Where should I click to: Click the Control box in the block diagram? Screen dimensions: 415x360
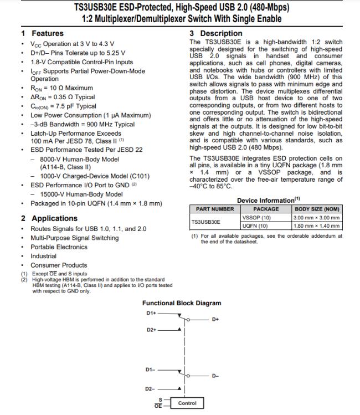coord(187,403)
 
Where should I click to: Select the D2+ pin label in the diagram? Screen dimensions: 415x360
coord(152,330)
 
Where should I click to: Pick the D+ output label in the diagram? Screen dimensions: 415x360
coord(215,320)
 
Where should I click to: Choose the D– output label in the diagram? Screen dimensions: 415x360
coord(215,377)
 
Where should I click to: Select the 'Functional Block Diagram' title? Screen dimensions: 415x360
coord(182,303)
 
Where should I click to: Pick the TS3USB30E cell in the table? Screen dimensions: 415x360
coord(206,222)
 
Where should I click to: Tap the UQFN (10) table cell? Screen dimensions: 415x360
coord(255,226)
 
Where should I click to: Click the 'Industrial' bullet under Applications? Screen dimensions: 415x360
coord(43,256)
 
